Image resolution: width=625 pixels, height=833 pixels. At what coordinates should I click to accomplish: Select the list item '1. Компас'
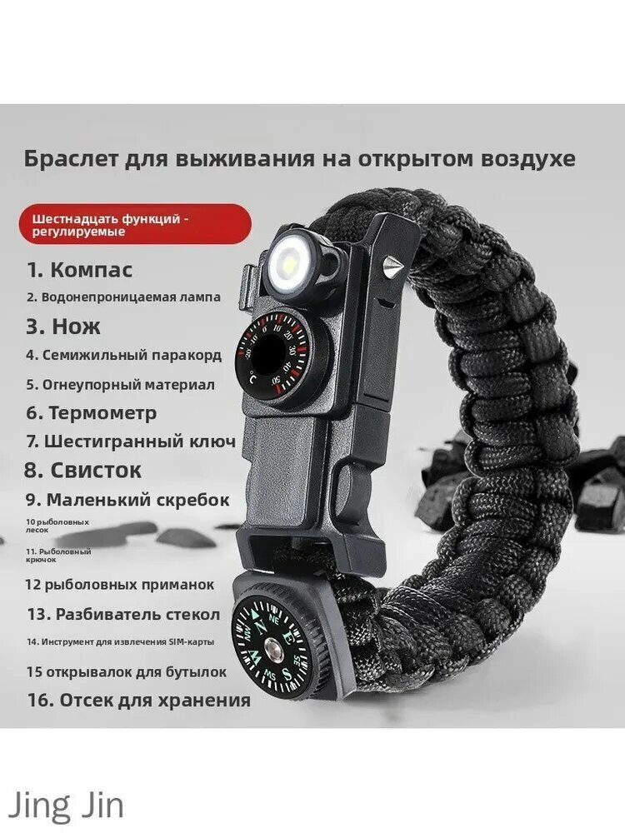(x=80, y=270)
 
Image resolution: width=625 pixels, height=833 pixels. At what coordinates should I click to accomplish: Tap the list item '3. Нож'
(x=64, y=326)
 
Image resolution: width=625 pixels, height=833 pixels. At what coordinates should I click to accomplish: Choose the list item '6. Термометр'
(x=92, y=412)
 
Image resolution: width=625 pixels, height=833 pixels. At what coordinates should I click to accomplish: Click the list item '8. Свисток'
(x=83, y=470)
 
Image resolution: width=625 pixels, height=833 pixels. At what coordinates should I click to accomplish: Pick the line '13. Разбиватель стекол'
(x=123, y=615)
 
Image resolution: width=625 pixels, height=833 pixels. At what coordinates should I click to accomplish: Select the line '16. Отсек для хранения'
(x=138, y=700)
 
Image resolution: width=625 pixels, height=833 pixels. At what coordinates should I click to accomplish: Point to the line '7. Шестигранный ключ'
(x=131, y=441)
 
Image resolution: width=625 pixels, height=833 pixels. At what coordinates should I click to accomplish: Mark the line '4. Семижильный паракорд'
(x=124, y=355)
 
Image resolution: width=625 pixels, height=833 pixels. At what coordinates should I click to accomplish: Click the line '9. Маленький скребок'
(x=127, y=500)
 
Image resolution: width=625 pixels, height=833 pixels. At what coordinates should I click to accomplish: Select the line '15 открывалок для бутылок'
(x=127, y=671)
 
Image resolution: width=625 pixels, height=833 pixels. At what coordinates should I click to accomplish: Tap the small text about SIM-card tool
(x=119, y=641)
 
